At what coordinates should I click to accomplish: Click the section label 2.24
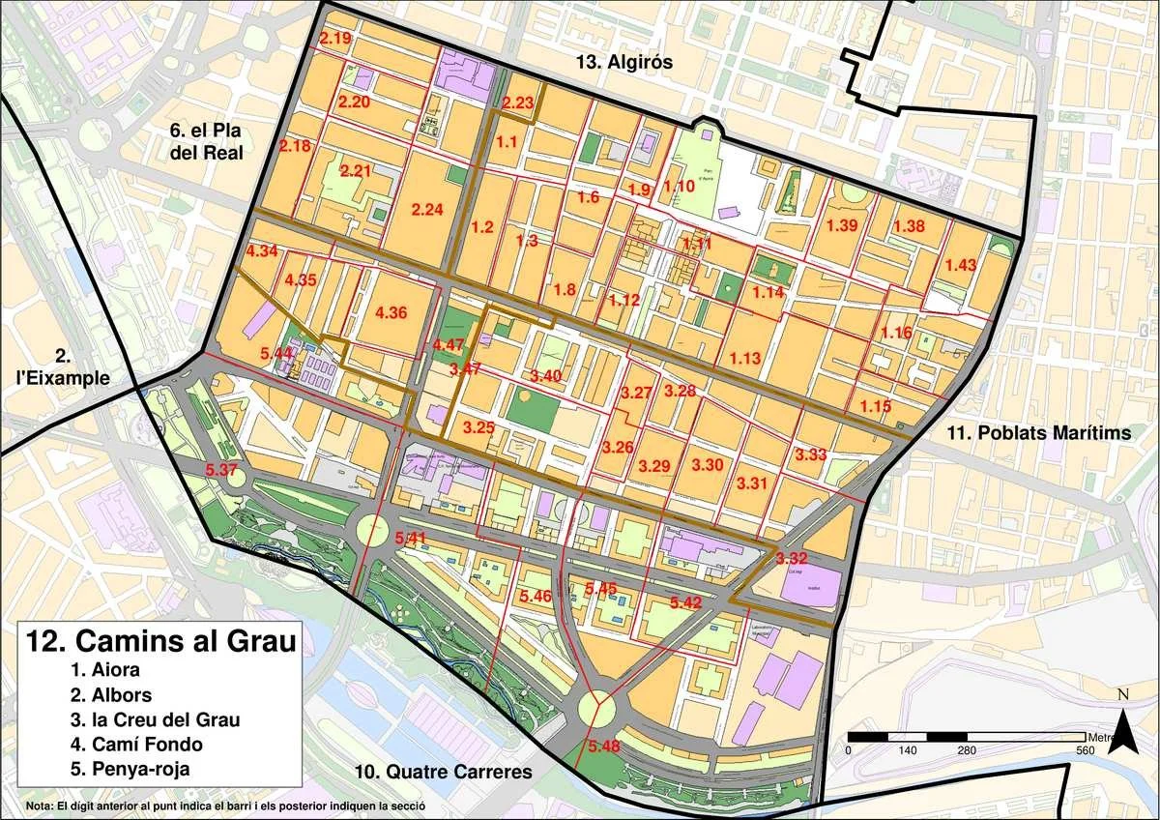tap(426, 210)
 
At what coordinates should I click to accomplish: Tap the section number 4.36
tap(391, 312)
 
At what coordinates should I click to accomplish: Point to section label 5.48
tap(603, 746)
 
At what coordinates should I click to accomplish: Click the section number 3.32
tap(791, 559)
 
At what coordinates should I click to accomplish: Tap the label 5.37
tap(222, 470)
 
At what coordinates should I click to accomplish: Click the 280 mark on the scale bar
tap(967, 750)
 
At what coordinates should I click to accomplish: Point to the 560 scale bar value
tap(1085, 750)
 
